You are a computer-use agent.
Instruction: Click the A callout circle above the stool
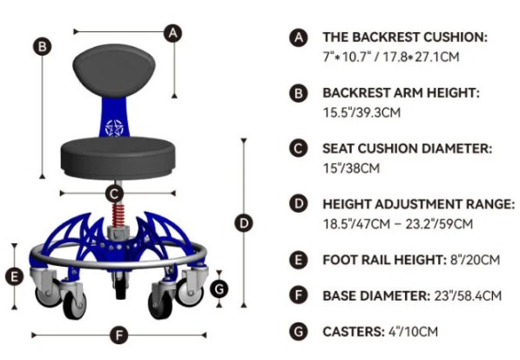click(x=172, y=33)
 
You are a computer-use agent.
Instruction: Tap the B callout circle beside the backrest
click(x=42, y=46)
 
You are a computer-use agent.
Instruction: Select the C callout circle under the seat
click(x=114, y=194)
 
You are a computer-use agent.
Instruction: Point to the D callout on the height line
click(x=244, y=223)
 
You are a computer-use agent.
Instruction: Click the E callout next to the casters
click(x=14, y=276)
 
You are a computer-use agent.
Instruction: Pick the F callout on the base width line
click(x=118, y=335)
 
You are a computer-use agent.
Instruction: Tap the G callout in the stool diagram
click(x=219, y=289)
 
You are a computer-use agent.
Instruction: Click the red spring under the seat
click(x=118, y=215)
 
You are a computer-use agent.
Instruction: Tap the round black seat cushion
click(x=118, y=157)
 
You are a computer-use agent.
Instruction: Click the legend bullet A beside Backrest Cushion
click(x=299, y=37)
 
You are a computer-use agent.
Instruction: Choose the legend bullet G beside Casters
click(x=299, y=331)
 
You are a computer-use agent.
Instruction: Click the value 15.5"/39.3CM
click(x=361, y=112)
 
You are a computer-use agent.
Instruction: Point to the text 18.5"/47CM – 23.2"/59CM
click(x=398, y=224)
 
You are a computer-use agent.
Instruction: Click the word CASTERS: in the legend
click(x=354, y=331)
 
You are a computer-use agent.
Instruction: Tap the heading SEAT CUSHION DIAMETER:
click(x=408, y=149)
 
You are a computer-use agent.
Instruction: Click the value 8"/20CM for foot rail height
click(x=475, y=260)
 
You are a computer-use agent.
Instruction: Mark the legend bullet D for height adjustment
click(x=299, y=204)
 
